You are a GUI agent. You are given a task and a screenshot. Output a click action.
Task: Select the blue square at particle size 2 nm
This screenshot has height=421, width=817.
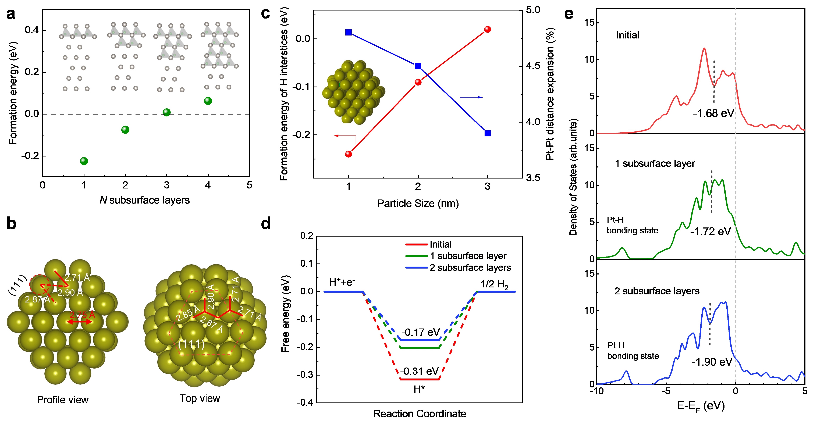pos(418,66)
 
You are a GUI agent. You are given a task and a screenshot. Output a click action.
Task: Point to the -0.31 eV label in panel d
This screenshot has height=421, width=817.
pos(419,371)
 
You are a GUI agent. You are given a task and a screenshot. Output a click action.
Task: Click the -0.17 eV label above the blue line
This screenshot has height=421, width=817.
pos(421,332)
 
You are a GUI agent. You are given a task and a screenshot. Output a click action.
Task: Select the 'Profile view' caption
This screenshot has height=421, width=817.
pos(62,400)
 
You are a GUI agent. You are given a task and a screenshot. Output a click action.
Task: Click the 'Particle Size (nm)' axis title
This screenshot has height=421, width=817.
pos(418,203)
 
